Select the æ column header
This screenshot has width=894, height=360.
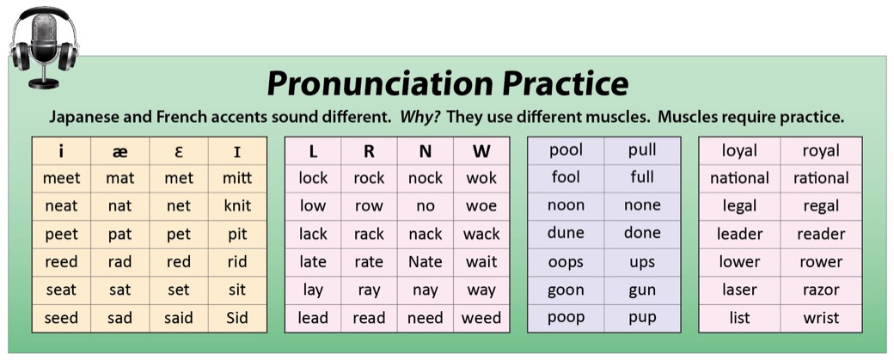coord(120,151)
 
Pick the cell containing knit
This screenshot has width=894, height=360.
coord(237,205)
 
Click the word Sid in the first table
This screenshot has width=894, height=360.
coord(237,317)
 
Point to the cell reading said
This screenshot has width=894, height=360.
coord(179,317)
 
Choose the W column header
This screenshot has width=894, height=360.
coord(481,151)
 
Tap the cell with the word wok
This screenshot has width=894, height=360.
coord(481,178)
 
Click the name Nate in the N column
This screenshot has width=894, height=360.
coord(426,261)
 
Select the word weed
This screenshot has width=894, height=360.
coord(481,317)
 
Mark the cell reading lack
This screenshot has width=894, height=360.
coord(313,234)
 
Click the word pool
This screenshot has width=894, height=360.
coord(566,150)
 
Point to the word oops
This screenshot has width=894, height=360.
coord(566,263)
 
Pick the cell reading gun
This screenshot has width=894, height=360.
coord(642,290)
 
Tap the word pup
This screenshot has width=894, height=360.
coord(642,317)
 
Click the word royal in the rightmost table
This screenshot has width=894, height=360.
coord(821,151)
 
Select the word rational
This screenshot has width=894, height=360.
coord(821,179)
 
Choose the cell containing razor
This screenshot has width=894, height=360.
coord(821,290)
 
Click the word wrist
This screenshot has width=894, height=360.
coord(821,317)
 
